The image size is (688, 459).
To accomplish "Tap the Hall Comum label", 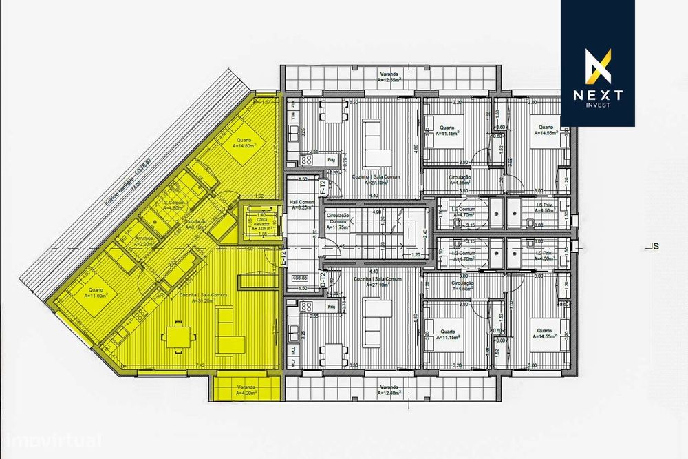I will click(301, 205).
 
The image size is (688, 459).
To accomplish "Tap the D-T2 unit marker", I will click(323, 280).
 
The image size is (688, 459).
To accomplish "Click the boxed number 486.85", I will click(301, 279).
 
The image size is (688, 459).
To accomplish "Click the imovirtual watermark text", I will click(52, 440).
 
